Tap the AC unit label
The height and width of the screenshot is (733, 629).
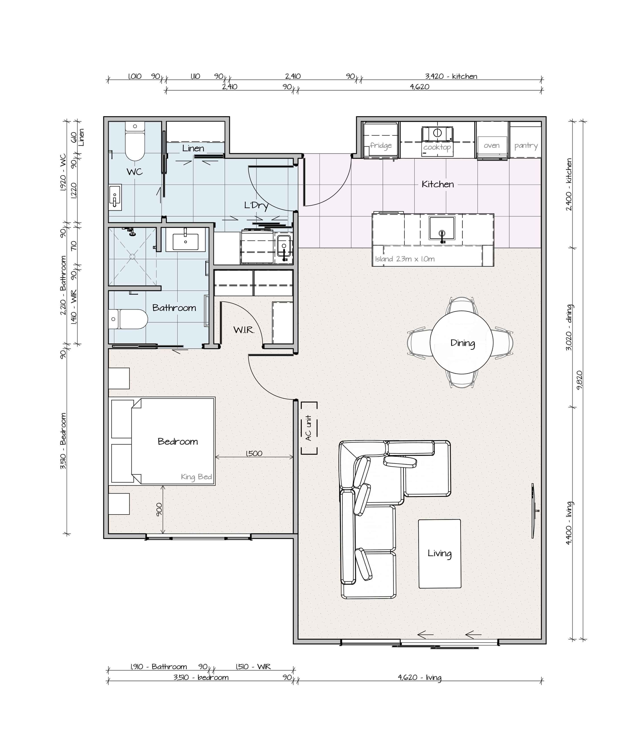click(x=309, y=428)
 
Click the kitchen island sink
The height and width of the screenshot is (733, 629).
click(x=442, y=228)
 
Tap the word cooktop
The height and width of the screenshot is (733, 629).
click(x=437, y=147)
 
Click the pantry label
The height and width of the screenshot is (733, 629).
click(x=526, y=146)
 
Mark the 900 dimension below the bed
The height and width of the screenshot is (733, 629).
click(x=159, y=509)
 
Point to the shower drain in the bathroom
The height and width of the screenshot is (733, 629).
click(x=132, y=256)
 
